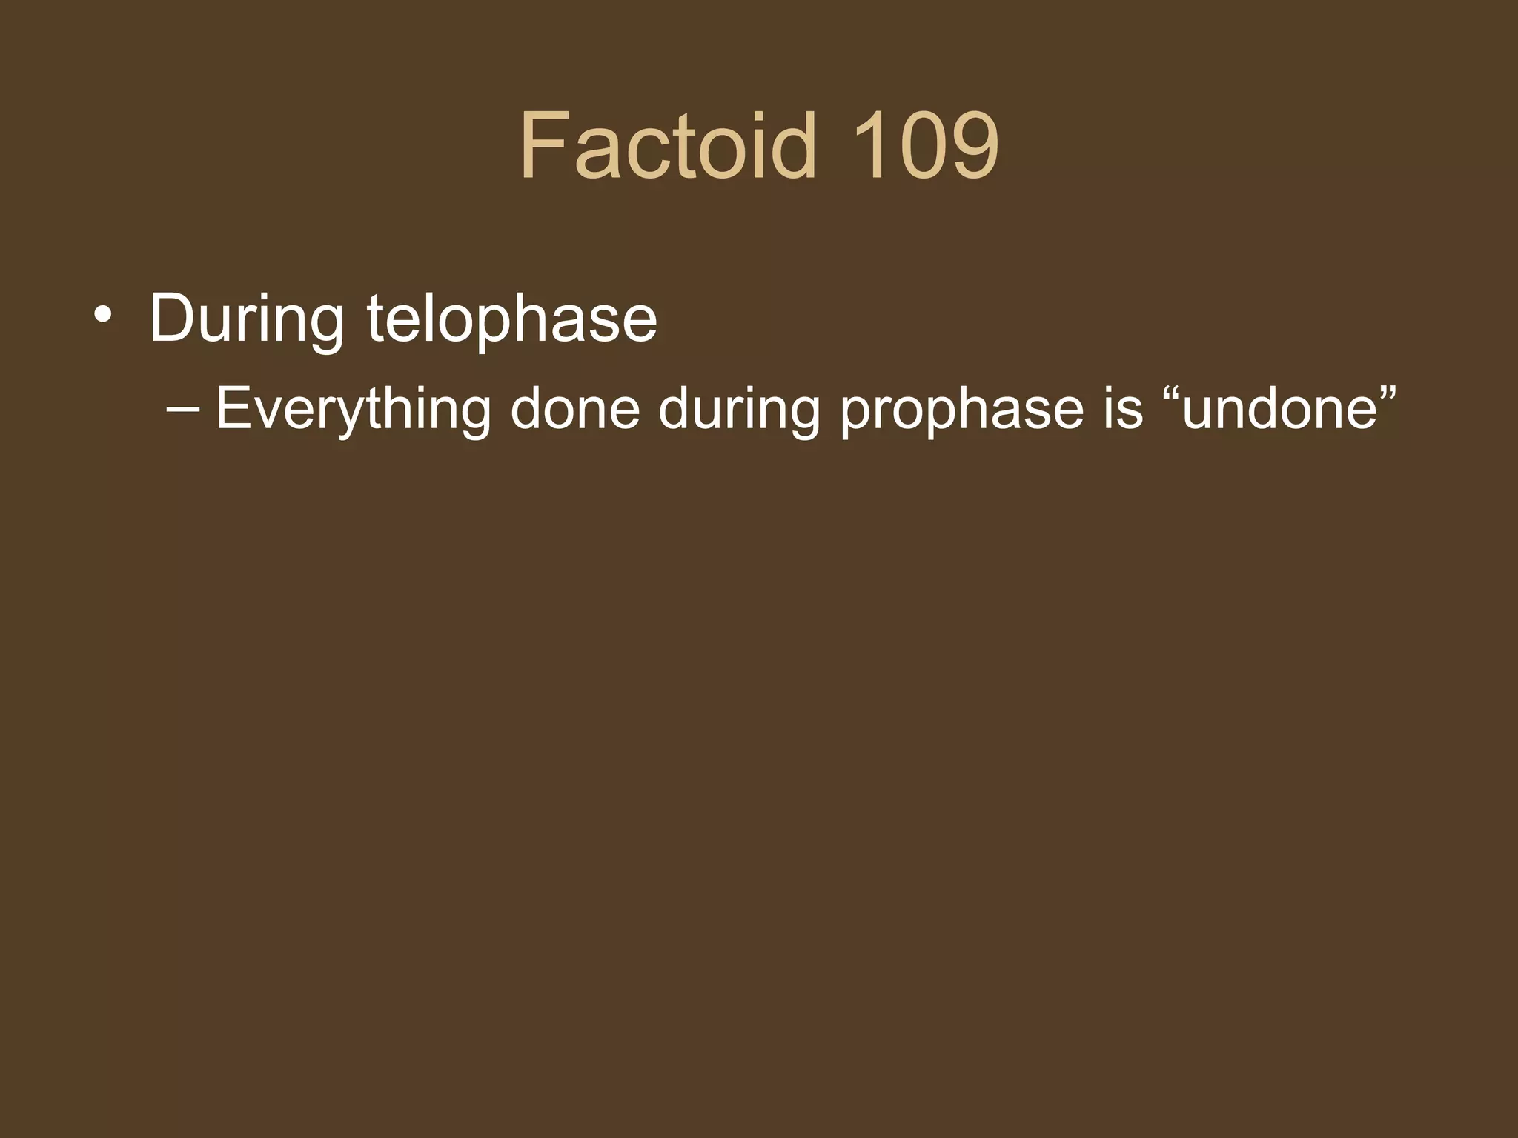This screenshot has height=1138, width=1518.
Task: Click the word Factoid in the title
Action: [667, 145]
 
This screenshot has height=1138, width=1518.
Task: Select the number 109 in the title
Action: [925, 145]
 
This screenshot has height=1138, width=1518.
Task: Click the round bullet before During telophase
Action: [103, 316]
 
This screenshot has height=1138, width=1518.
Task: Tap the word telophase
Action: [511, 319]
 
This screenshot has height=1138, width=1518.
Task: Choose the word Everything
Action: [353, 410]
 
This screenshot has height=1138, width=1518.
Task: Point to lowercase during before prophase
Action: [738, 410]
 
